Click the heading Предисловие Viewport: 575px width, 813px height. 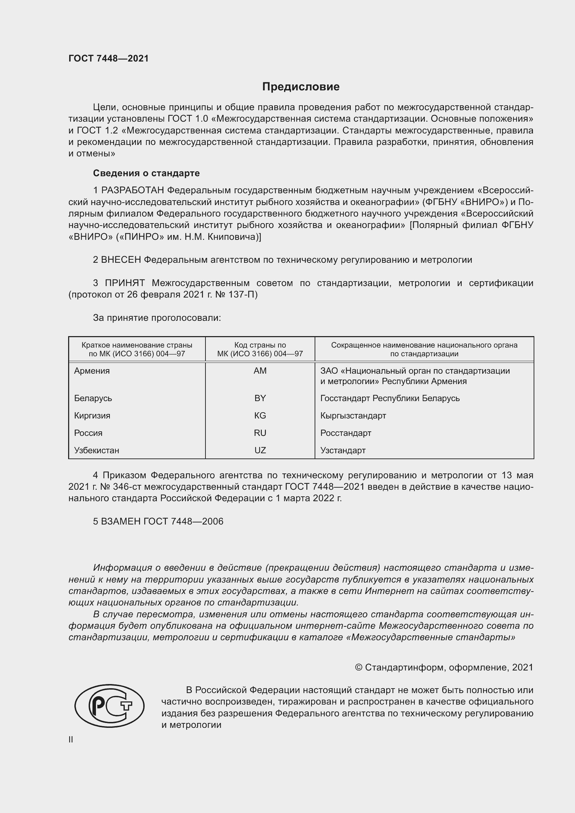(301, 87)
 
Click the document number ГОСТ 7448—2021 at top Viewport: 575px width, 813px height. (108, 58)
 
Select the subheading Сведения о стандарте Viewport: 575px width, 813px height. (146, 173)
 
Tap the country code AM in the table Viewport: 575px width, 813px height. (260, 371)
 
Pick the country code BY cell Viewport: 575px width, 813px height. (260, 398)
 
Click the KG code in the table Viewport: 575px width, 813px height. (260, 415)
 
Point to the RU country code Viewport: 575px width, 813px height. (260, 433)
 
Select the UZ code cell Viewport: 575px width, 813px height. (260, 450)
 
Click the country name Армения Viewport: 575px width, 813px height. (92, 371)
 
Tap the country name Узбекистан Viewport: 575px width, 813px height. (96, 450)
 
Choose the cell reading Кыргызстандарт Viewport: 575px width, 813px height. (353, 415)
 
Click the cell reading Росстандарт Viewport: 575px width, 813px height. (346, 433)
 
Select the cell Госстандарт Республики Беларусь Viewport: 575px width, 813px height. (390, 398)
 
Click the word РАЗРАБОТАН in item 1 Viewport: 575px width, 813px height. (132, 190)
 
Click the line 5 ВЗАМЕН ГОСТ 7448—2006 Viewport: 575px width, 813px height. (158, 521)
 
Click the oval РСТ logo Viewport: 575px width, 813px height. (110, 706)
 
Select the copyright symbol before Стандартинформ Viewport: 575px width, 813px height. (358, 667)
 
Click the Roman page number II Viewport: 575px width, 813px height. (71, 739)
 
